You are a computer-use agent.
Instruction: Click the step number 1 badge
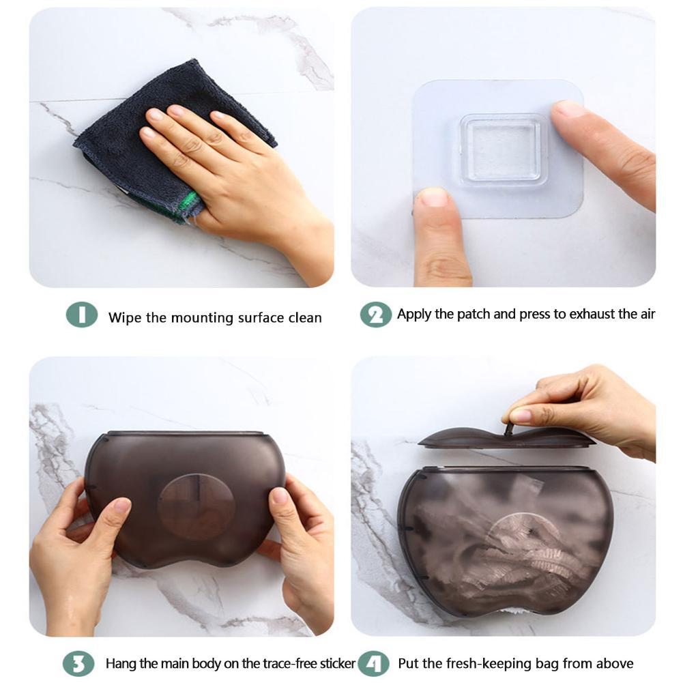point(81,315)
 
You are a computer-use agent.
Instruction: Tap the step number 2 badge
point(375,315)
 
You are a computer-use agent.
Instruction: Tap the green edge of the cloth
point(190,203)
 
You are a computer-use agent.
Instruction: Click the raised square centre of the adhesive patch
point(504,149)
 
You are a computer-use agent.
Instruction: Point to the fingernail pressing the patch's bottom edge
point(435,199)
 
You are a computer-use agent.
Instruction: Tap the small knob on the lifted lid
point(508,427)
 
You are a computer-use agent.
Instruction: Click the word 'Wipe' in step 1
point(123,318)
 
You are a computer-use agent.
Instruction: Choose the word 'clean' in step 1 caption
point(304,318)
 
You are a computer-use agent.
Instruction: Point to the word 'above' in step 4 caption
point(614,663)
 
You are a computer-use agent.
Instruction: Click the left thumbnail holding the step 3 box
point(121,506)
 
